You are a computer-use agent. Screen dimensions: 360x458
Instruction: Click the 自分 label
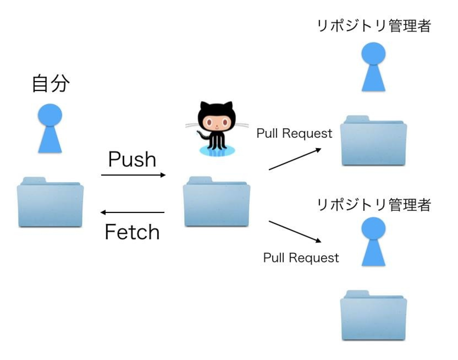point(51,83)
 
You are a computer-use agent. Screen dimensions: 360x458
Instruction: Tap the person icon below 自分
point(50,128)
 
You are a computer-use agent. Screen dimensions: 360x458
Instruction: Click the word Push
point(132,159)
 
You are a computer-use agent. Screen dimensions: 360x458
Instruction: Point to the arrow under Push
point(133,175)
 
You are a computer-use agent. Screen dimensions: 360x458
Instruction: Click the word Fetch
point(132,232)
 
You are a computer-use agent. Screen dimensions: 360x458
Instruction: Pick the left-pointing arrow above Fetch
point(133,212)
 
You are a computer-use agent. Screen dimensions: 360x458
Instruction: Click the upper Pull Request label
point(294,134)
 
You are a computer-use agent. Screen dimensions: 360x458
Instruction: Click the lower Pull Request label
point(301,258)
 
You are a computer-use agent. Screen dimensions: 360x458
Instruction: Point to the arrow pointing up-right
point(295,159)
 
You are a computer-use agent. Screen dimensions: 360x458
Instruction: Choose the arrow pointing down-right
point(295,232)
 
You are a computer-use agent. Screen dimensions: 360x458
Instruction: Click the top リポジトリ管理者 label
point(374,26)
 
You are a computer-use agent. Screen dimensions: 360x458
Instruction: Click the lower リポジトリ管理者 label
point(374,205)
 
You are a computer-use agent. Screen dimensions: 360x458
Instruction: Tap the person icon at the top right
point(373,67)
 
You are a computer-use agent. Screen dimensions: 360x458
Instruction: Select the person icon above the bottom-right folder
point(373,241)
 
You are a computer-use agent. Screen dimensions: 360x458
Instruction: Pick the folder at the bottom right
point(373,316)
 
